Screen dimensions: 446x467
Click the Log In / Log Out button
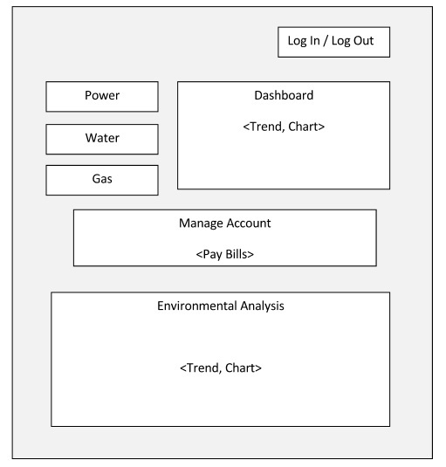(333, 42)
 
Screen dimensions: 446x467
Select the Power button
(102, 97)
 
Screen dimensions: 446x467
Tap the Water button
(102, 139)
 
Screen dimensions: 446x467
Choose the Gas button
(102, 180)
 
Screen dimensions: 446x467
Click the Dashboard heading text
(284, 95)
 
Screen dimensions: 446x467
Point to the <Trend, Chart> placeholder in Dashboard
(284, 127)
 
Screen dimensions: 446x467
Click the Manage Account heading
(225, 223)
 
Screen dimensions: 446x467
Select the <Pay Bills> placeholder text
(225, 254)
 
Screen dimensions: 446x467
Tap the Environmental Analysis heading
(221, 306)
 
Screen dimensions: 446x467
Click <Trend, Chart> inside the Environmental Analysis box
(221, 368)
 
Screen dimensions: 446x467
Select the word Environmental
(197, 306)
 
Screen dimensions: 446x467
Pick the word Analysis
(263, 306)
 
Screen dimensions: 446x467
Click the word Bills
(237, 254)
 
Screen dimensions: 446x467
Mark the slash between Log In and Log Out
(326, 41)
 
